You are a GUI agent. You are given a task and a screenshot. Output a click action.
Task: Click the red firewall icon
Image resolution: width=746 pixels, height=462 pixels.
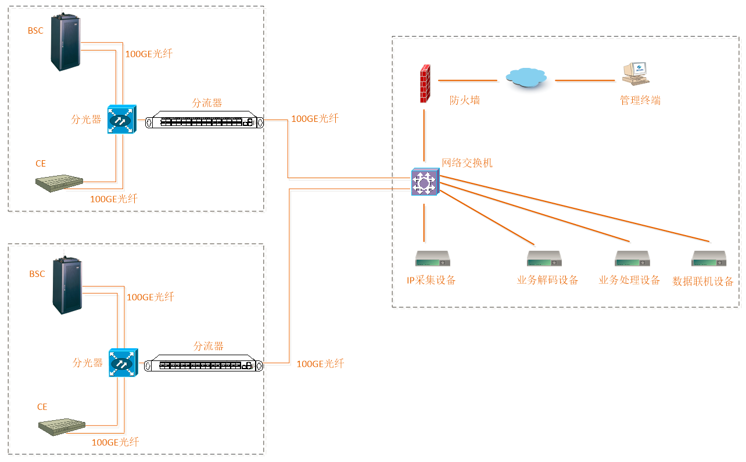[425, 84]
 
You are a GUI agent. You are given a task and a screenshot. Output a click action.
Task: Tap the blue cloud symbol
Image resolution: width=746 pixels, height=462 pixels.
[526, 77]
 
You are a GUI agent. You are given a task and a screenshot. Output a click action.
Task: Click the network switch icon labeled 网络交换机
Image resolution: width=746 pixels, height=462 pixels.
[425, 182]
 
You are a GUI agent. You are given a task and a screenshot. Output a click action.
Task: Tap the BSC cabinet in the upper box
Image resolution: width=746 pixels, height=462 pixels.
[64, 42]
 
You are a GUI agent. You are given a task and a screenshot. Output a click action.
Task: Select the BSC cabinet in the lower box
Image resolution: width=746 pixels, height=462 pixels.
[66, 285]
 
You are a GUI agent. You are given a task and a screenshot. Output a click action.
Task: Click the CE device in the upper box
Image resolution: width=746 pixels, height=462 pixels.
[59, 182]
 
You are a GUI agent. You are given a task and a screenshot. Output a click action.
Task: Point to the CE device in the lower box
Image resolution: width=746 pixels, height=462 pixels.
[62, 426]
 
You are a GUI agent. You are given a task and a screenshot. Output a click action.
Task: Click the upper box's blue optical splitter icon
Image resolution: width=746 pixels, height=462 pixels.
[121, 120]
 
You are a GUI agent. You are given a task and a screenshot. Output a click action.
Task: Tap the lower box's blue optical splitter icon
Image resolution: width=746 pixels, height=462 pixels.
[122, 363]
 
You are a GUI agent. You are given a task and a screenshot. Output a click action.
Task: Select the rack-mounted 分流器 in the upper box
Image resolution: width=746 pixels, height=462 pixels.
[205, 122]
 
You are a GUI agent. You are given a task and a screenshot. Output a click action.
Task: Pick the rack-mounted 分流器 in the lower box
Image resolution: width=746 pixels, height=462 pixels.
[203, 366]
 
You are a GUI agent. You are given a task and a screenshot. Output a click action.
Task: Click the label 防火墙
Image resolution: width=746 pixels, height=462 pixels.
[465, 100]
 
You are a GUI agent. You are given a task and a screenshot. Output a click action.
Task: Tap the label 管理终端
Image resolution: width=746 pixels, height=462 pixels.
[640, 100]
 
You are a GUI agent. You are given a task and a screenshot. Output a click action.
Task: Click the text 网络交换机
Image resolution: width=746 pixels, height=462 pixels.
[467, 163]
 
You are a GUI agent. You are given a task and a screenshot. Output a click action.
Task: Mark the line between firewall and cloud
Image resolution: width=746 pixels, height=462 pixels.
[468, 80]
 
